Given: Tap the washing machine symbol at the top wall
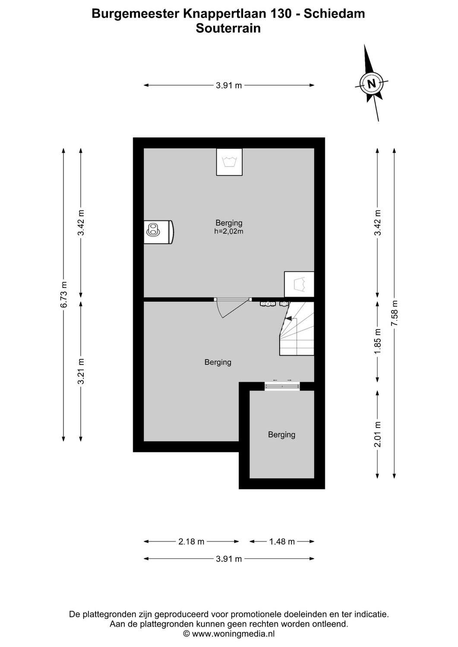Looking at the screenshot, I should tap(229, 162).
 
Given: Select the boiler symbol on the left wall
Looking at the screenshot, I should tap(158, 232).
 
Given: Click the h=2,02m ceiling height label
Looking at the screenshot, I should tap(229, 232).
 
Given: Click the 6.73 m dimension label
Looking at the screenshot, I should tap(63, 295).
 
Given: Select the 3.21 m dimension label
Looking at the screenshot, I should tap(81, 372).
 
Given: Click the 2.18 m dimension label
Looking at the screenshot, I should tap(191, 542).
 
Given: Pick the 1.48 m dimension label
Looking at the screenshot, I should tap(282, 542).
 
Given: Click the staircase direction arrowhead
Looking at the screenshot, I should tap(288, 319).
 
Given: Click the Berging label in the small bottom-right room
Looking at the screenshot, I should tap(281, 435).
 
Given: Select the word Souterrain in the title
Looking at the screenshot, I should tap(228, 28).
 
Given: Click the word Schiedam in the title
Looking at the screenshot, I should tap(334, 14).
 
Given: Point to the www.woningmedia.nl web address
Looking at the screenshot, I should tap(233, 634).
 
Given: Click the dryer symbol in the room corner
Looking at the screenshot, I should tap(299, 284).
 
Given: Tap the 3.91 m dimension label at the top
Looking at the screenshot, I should tap(229, 85).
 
